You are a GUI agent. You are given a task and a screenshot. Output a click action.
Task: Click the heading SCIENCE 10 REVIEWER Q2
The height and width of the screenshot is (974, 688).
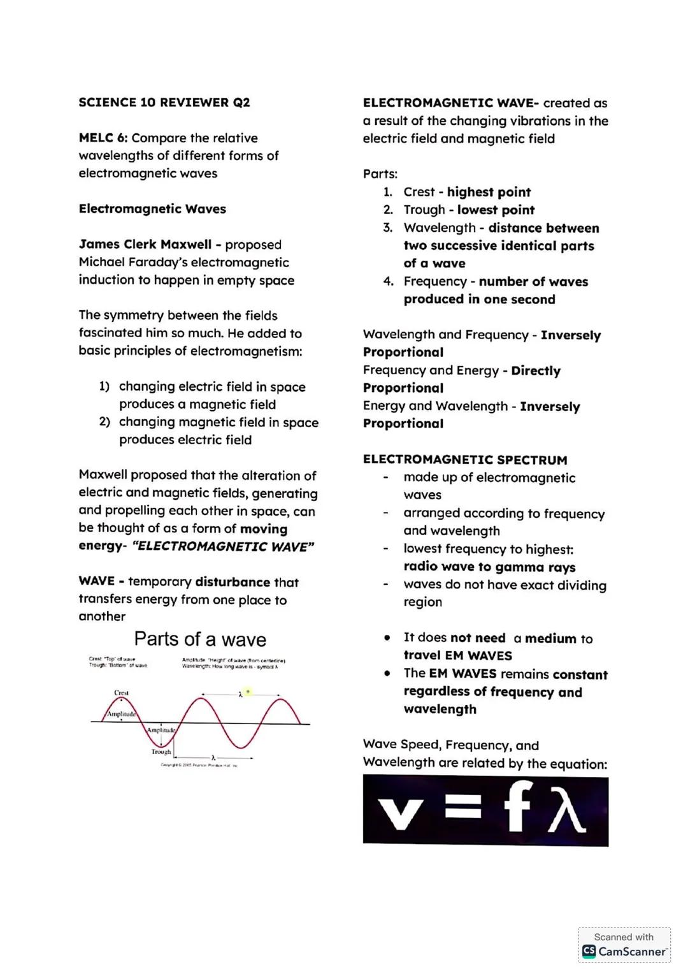click(164, 103)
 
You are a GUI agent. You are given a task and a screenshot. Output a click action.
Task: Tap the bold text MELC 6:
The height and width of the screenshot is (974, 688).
click(103, 138)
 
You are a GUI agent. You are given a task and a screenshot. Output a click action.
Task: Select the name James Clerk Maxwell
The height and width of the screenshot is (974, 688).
click(145, 245)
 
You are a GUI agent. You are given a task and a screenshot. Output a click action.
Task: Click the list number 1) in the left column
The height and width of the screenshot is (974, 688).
click(104, 387)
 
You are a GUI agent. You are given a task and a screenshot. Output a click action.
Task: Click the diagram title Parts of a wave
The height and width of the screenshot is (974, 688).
click(200, 639)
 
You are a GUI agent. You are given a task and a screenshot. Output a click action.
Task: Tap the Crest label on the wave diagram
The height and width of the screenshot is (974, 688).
click(121, 692)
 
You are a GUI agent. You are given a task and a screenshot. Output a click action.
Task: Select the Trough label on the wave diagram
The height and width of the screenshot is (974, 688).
click(161, 752)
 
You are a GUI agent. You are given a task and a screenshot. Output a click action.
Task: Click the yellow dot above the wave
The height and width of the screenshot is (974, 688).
click(248, 691)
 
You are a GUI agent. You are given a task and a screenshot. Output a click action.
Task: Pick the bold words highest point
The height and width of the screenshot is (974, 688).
click(489, 193)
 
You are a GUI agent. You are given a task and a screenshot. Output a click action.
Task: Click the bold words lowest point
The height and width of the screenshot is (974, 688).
click(496, 210)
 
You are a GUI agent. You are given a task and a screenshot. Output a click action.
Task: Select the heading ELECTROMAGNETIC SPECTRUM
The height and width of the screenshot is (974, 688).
click(464, 460)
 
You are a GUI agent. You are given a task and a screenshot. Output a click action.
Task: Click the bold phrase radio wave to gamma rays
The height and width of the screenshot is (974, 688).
click(489, 567)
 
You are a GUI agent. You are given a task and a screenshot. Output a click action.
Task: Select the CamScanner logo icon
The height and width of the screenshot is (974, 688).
click(589, 952)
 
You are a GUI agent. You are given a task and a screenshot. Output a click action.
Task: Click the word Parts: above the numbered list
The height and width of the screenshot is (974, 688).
click(380, 174)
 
